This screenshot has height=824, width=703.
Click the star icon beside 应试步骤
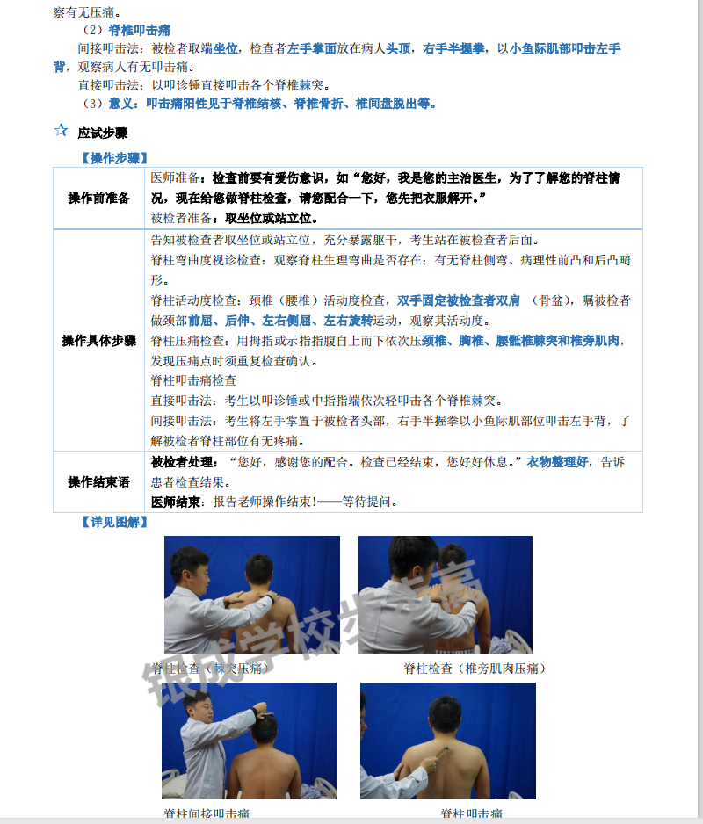tap(61, 130)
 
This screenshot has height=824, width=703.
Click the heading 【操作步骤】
tap(114, 158)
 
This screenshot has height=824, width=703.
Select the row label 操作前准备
tap(98, 198)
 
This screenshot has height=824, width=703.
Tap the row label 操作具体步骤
tap(98, 340)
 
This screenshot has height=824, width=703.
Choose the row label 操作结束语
tap(98, 482)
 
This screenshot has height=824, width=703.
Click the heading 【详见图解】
tap(114, 522)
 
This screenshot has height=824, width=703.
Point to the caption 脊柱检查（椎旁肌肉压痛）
tap(475, 669)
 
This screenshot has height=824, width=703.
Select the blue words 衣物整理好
tap(557, 462)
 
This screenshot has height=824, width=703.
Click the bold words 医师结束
tap(176, 502)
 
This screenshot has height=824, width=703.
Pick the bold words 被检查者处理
tap(183, 462)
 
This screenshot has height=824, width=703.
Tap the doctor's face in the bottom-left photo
tap(203, 710)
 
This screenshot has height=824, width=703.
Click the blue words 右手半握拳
tap(453, 48)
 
